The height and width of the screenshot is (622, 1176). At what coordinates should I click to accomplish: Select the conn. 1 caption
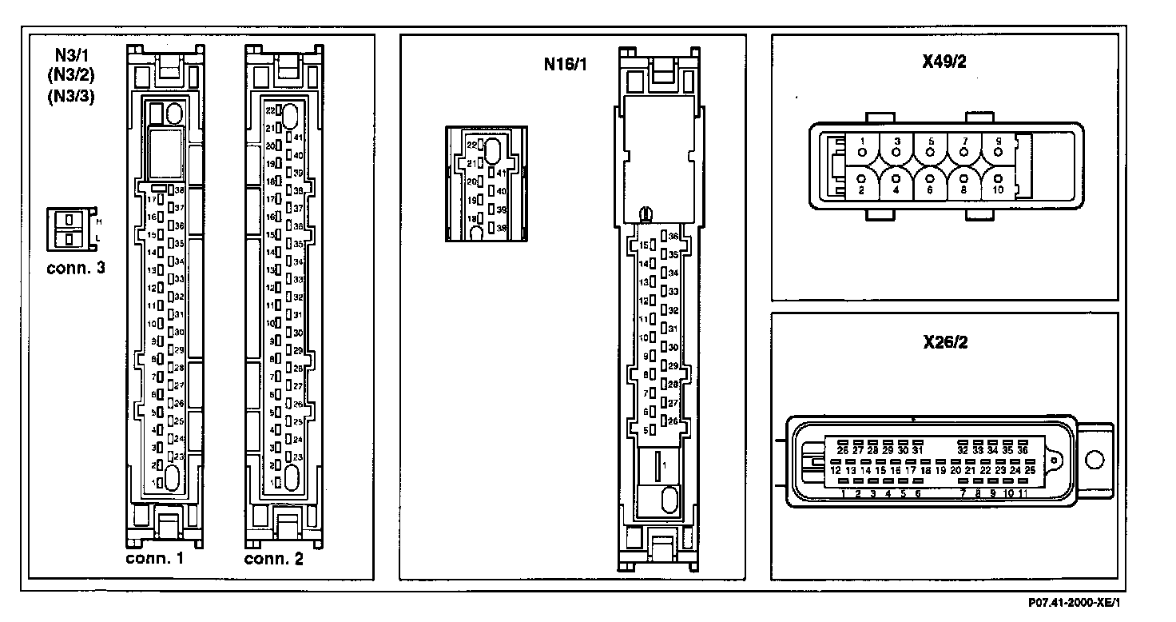[x=155, y=558]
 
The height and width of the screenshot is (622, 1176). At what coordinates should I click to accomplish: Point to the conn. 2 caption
[x=274, y=558]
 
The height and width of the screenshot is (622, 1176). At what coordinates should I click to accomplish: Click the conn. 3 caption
[x=76, y=268]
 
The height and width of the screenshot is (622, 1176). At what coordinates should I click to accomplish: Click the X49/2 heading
[x=944, y=63]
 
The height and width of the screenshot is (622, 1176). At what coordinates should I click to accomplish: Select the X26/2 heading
[x=944, y=342]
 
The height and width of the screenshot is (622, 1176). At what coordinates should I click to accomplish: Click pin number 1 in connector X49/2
[x=862, y=142]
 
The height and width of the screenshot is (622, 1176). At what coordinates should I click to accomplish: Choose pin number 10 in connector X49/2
[x=998, y=189]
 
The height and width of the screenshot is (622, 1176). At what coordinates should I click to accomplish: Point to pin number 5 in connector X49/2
[x=930, y=142]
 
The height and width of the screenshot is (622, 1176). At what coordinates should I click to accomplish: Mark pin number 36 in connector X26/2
[x=1023, y=450]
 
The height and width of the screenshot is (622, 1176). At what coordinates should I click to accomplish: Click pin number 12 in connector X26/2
[x=835, y=471]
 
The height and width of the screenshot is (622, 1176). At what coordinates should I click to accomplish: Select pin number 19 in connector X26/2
[x=940, y=471]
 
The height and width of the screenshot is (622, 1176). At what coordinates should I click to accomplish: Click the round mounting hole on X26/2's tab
[x=1095, y=461]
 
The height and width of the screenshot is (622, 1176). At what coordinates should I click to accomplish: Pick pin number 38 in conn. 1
[x=180, y=190]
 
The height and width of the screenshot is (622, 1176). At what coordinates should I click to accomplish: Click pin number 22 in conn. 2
[x=270, y=110]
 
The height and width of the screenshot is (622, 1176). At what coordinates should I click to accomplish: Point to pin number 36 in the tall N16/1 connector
[x=673, y=237]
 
